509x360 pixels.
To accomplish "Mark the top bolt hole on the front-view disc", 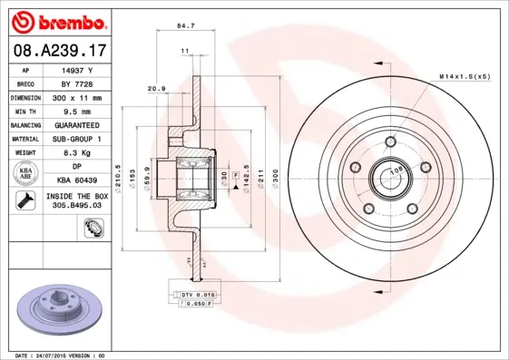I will click(390, 141).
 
